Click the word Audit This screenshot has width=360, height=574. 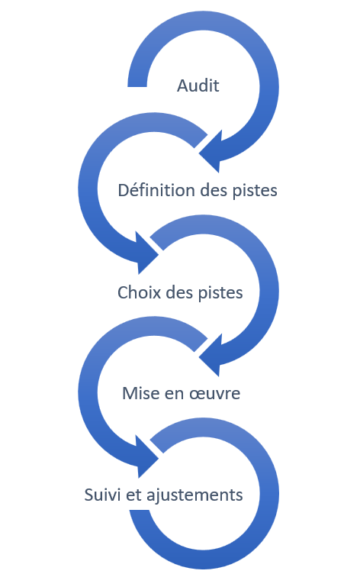coord(198,85)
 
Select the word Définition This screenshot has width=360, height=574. coord(156,190)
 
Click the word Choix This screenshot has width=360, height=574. coord(140,292)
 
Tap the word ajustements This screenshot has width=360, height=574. coord(194,495)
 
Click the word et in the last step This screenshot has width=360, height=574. coord(134,495)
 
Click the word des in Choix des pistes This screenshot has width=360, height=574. coord(180,292)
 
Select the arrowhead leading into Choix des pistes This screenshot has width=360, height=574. coord(146,253)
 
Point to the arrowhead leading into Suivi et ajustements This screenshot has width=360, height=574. coord(146,456)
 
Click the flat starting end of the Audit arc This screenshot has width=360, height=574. coord(137,86)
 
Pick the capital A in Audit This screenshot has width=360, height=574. coord(182,86)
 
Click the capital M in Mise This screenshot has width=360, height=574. coord(129,394)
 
